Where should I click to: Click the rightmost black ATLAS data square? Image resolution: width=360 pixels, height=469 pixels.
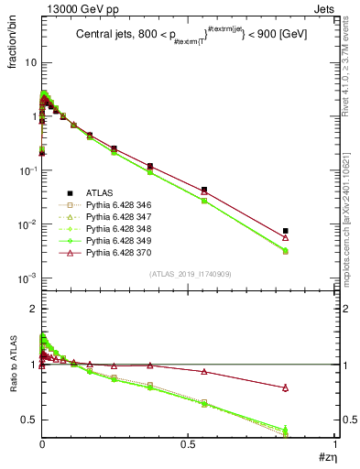click(286, 231)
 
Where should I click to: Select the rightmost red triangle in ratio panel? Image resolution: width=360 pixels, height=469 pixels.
click(286, 387)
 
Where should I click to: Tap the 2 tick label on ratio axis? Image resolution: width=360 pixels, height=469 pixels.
click(33, 310)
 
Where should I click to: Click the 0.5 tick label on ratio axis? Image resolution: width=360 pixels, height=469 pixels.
click(30, 420)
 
